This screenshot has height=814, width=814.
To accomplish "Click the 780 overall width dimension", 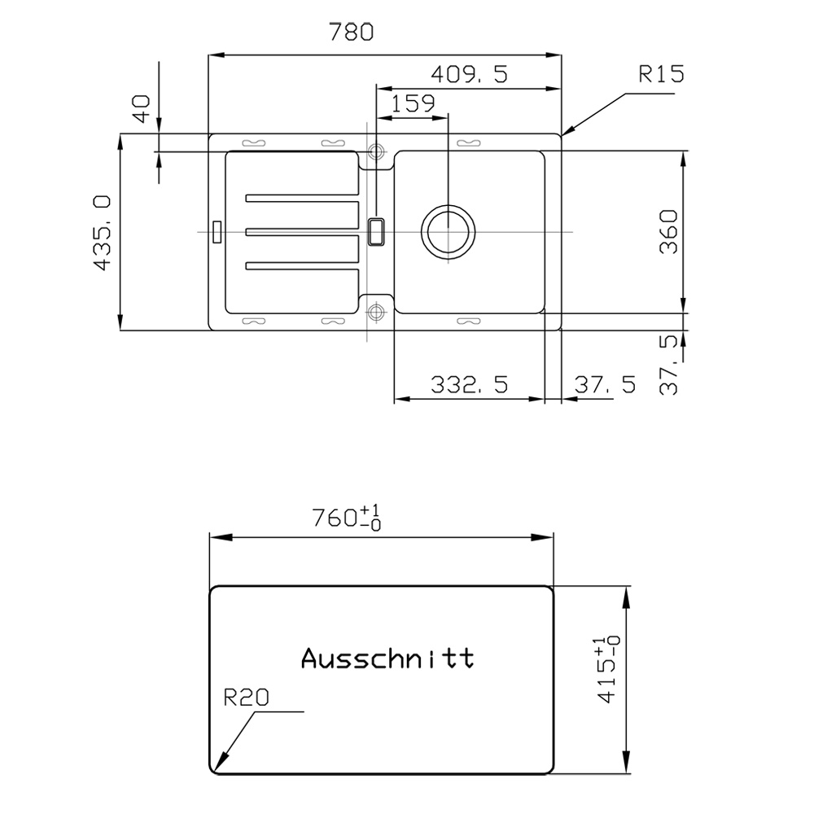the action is tap(351, 33).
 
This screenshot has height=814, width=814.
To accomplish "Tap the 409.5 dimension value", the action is tap(469, 74).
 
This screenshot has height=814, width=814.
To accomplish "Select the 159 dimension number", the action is tap(412, 103).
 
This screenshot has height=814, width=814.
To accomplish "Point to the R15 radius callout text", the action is tap(661, 74).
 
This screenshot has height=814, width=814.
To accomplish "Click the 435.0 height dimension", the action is tap(102, 233).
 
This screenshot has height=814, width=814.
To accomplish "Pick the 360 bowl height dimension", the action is tap(668, 231).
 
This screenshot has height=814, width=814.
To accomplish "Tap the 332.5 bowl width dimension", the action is tap(469, 385).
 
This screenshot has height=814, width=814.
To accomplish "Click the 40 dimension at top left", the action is tap(142, 108).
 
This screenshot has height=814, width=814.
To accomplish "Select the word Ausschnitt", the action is tap(387, 658).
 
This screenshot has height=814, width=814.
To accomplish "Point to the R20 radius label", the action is tap(246, 698).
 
